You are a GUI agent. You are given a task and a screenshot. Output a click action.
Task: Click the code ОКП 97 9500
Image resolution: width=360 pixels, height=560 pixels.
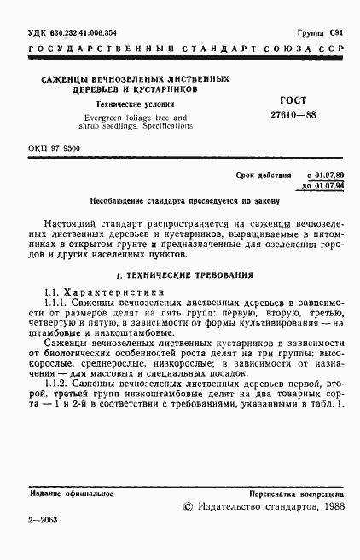click(54, 149)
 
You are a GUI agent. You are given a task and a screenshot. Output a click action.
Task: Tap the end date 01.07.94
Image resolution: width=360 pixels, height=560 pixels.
click(328, 185)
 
